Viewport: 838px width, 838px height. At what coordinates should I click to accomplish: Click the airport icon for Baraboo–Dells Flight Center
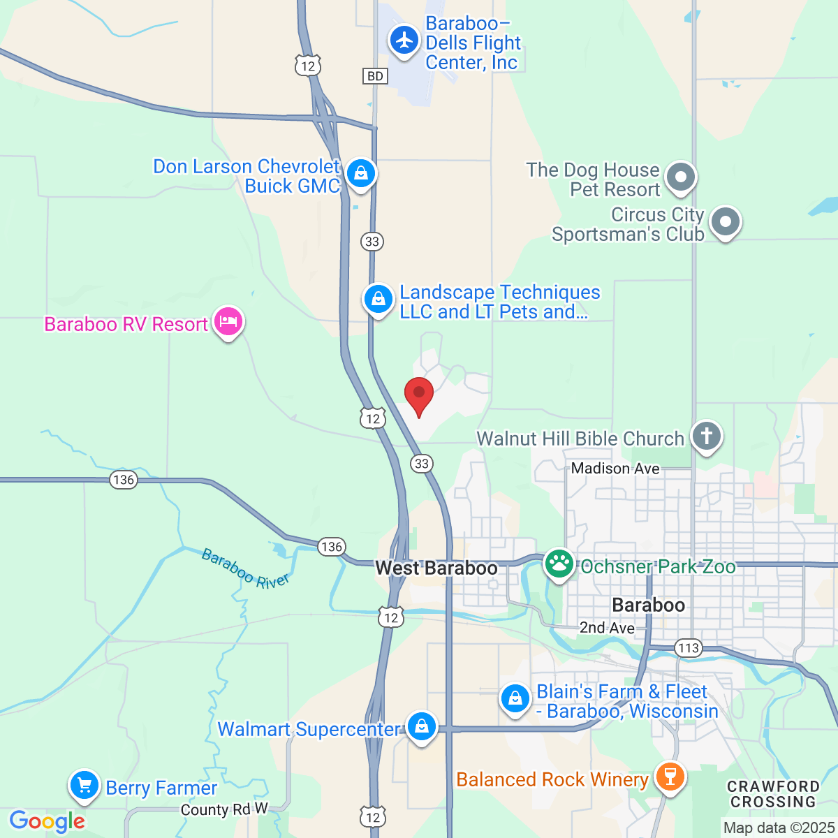(x=404, y=40)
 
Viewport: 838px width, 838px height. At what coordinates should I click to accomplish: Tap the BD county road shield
(x=375, y=75)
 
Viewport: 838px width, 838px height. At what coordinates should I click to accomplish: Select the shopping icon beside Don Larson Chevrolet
(x=360, y=172)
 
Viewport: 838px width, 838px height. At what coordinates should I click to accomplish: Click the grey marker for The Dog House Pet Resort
(x=680, y=177)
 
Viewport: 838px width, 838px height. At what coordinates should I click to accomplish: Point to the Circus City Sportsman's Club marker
(x=725, y=223)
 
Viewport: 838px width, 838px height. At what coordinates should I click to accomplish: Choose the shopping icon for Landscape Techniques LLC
(x=378, y=299)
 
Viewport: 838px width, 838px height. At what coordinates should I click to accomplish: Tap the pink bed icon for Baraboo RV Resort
(x=228, y=322)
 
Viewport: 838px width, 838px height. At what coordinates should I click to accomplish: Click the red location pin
(x=419, y=395)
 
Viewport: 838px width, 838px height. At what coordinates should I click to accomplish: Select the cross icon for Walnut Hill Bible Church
(x=706, y=436)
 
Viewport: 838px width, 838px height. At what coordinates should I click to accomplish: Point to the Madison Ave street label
(x=615, y=469)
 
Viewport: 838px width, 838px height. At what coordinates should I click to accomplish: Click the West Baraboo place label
(x=436, y=568)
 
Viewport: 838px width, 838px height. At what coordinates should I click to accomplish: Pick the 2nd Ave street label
(x=607, y=628)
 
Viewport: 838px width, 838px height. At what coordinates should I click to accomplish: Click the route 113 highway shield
(x=689, y=648)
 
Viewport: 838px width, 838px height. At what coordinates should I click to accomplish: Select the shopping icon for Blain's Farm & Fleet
(x=515, y=698)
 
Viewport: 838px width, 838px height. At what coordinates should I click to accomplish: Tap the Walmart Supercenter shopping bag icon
(x=421, y=726)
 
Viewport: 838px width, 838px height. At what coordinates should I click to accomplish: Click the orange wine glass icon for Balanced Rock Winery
(x=670, y=777)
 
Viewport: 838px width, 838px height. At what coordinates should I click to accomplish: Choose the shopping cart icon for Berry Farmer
(x=84, y=786)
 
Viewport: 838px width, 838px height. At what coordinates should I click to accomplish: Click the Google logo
(x=47, y=821)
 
